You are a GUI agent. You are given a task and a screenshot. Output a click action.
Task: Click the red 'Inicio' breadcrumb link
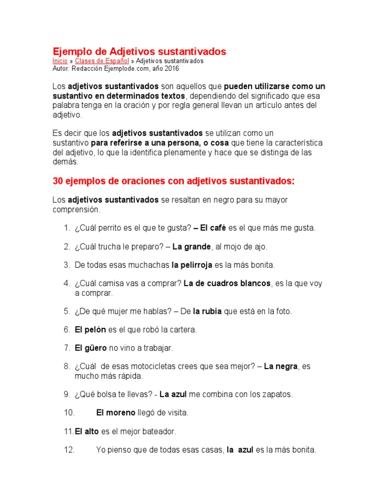point(60,61)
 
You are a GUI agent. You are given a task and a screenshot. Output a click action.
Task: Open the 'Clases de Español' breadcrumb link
point(102,61)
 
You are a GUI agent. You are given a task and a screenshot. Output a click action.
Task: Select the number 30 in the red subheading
point(58,181)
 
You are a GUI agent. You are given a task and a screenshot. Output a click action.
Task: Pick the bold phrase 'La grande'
point(191,247)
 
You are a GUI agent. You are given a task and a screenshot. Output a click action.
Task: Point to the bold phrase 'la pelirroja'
point(192,265)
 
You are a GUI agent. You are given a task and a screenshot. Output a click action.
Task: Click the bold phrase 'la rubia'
point(207,311)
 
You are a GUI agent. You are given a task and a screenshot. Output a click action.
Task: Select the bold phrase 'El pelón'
point(90,330)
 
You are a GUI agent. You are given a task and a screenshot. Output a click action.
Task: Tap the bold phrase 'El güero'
point(91,348)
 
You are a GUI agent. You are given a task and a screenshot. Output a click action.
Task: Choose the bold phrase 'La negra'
point(281,367)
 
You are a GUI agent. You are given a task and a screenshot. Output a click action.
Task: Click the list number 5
point(67,311)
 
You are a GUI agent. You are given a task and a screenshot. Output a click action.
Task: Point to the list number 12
point(68,449)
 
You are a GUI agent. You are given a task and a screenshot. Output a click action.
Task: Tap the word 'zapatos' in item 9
point(277,394)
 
